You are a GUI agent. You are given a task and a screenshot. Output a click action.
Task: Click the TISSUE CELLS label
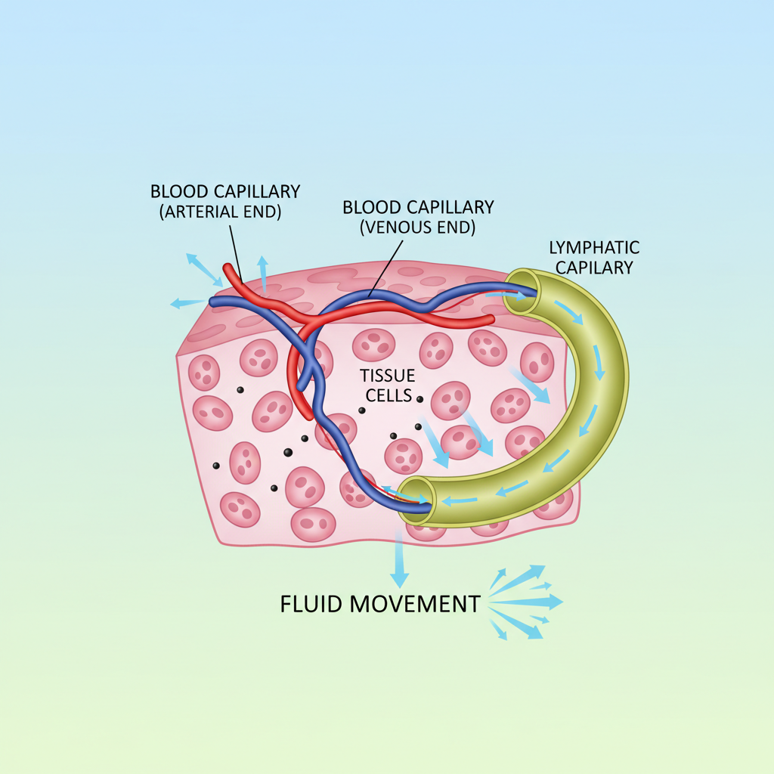click(386, 385)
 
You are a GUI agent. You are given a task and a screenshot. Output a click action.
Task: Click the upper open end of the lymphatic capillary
click(521, 286)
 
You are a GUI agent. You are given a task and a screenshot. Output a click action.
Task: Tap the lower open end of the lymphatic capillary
click(416, 497)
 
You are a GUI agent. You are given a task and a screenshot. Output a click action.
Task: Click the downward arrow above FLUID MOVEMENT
click(398, 559)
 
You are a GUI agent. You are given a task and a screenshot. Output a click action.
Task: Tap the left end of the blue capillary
click(213, 302)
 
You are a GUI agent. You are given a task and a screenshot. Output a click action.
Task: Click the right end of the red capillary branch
click(491, 320)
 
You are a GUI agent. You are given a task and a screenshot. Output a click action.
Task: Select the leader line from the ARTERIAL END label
click(234, 249)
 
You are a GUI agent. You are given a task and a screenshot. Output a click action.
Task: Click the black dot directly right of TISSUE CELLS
click(420, 398)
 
